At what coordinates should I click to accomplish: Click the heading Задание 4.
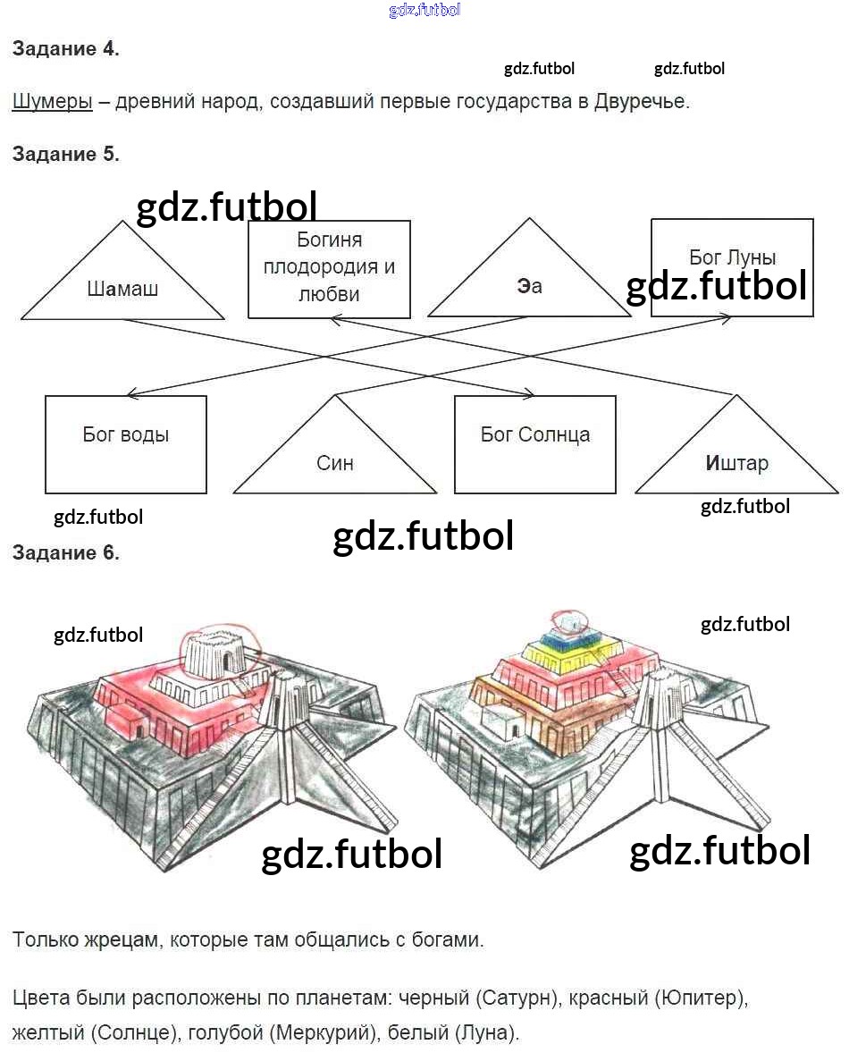pyautogui.click(x=66, y=48)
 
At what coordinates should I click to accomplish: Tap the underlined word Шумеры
pyautogui.click(x=53, y=101)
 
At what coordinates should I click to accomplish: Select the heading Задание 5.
pyautogui.click(x=66, y=154)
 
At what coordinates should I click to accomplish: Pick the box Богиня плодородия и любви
pyautogui.click(x=329, y=269)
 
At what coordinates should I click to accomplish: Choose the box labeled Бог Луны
pyautogui.click(x=732, y=267)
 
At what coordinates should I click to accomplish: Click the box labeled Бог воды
pyautogui.click(x=125, y=444)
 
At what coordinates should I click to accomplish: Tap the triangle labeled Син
pyautogui.click(x=335, y=444)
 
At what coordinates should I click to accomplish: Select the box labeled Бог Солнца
pyautogui.click(x=535, y=444)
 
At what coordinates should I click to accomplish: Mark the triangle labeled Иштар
pyautogui.click(x=737, y=444)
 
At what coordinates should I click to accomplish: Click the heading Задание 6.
pyautogui.click(x=66, y=552)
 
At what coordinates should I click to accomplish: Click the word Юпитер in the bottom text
pyautogui.click(x=700, y=998)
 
